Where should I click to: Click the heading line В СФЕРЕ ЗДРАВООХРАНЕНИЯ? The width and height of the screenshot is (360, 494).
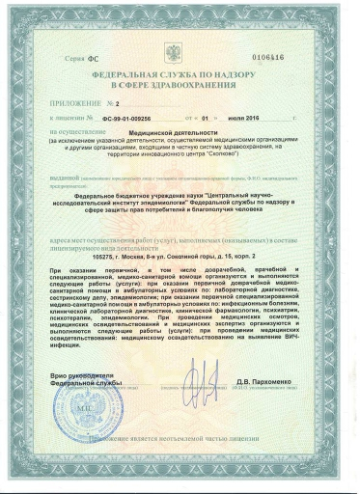tap(180, 84)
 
